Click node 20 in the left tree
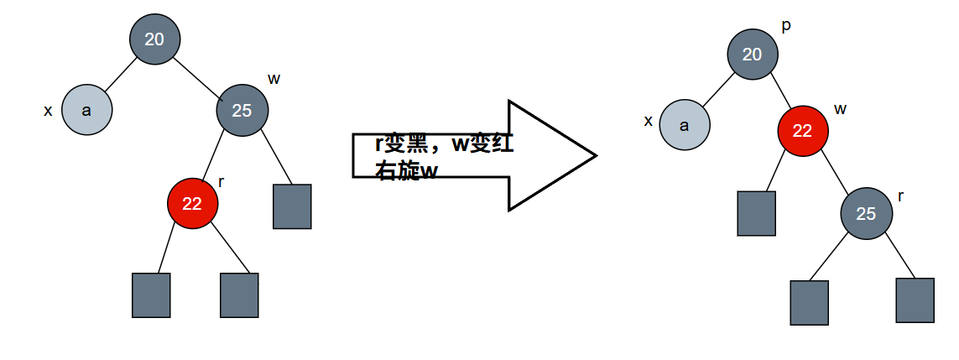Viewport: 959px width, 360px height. (154, 39)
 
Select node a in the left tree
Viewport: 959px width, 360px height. (86, 110)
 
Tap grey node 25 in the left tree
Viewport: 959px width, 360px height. (242, 110)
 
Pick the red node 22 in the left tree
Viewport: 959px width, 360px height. (192, 204)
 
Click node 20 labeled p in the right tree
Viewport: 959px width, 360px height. (752, 55)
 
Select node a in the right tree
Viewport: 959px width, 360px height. (684, 126)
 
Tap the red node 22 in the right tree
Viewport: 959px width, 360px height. (802, 131)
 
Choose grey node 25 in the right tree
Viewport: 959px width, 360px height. (866, 214)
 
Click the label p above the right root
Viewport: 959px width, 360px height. (785, 26)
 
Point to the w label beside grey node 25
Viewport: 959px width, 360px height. (274, 79)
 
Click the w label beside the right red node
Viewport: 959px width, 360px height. (841, 109)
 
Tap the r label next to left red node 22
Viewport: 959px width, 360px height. (221, 181)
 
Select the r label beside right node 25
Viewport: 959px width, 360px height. (900, 196)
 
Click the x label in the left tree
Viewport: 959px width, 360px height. (48, 111)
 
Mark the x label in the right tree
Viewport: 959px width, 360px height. (648, 122)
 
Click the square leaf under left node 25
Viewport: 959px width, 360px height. (292, 206)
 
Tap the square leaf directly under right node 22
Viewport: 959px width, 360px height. (756, 213)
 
